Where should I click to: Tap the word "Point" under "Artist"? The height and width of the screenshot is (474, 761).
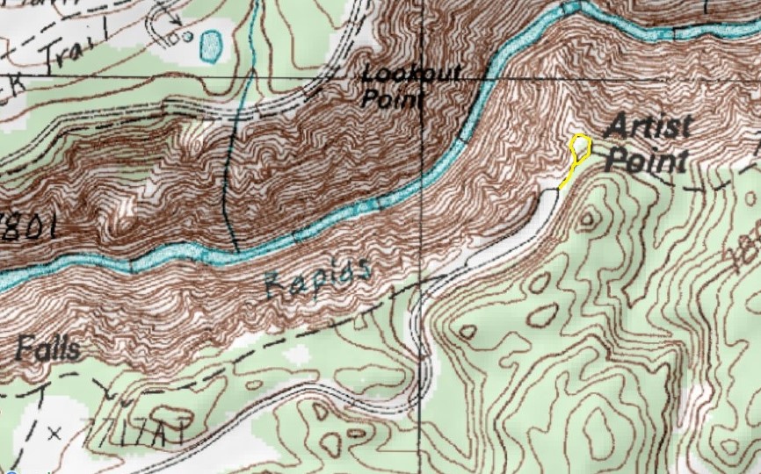[647, 162]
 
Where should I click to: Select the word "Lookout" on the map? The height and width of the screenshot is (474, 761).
[411, 74]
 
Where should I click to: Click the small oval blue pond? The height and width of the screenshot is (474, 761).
[211, 46]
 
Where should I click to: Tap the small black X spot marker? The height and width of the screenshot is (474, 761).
[54, 432]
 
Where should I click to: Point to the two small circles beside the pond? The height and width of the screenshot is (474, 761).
[185, 38]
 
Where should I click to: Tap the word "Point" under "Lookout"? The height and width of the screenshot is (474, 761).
[391, 98]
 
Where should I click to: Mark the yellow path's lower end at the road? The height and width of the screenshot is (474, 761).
[560, 188]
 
